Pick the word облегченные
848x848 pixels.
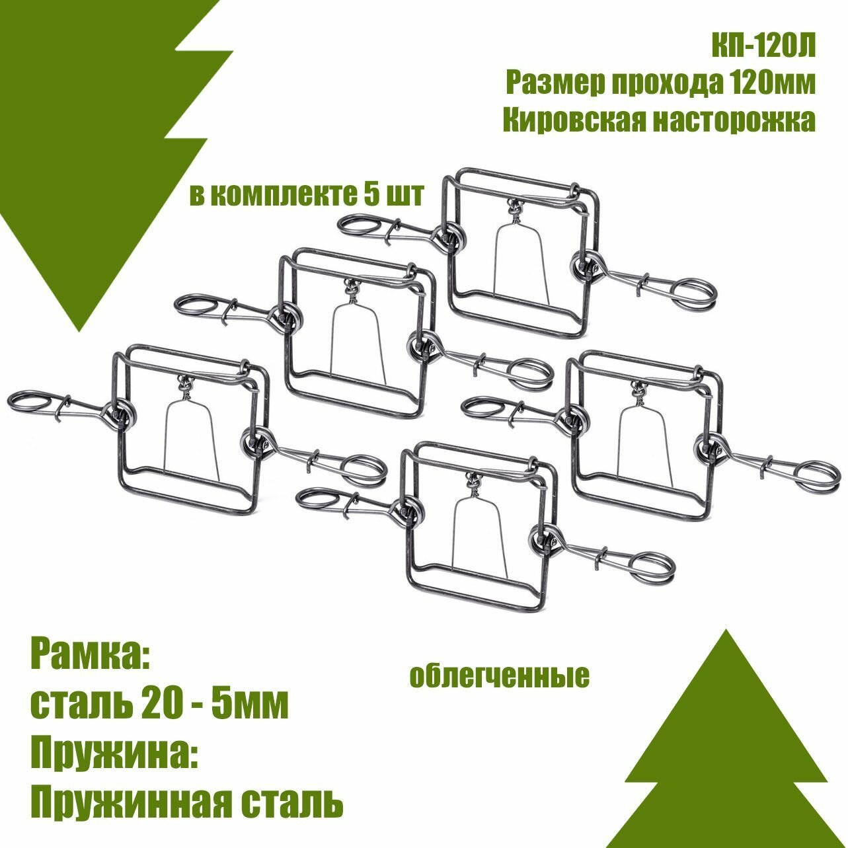tap(499, 677)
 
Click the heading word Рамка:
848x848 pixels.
tap(91, 657)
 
